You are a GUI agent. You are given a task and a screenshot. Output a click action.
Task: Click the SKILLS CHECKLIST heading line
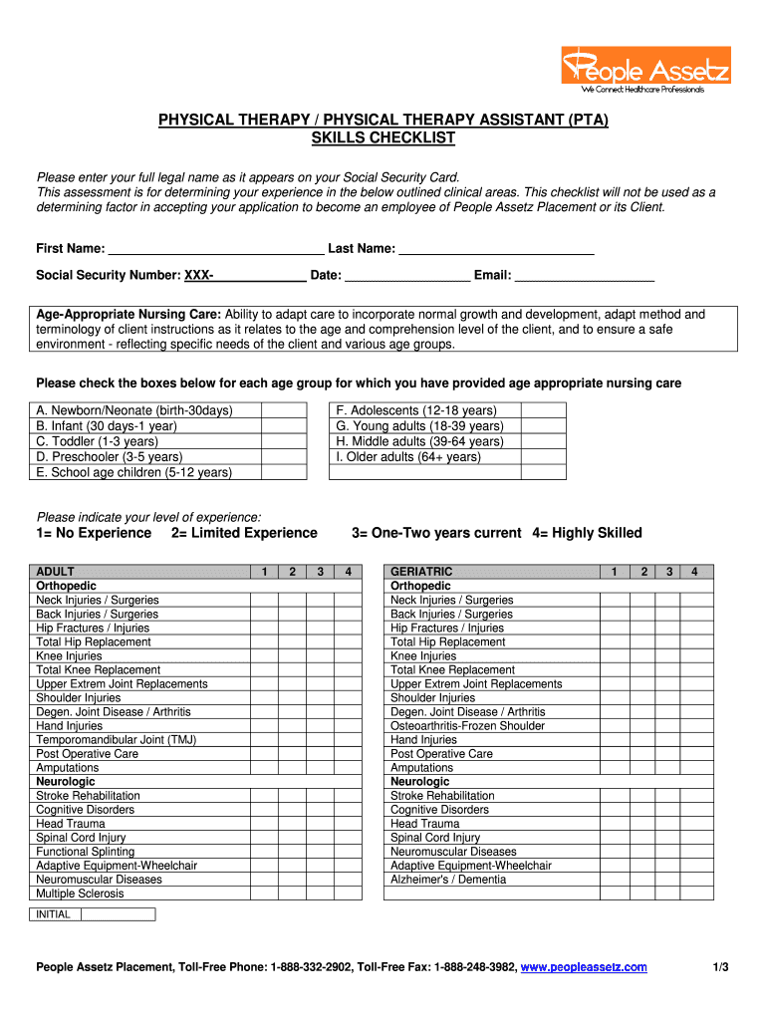click(x=383, y=137)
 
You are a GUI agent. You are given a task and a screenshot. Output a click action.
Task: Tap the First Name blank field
click(x=216, y=248)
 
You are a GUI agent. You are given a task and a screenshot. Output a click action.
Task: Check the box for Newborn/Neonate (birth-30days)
click(x=284, y=410)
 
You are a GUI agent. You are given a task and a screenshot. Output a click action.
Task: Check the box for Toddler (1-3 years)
click(x=284, y=441)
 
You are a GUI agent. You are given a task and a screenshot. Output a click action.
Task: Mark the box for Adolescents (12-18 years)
click(x=543, y=410)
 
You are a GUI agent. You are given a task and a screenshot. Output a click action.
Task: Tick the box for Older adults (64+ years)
click(x=543, y=457)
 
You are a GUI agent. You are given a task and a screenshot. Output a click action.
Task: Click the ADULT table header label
click(x=56, y=572)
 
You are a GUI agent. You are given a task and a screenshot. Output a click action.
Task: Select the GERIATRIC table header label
click(x=421, y=572)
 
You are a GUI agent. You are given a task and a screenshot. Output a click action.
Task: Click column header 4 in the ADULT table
click(x=348, y=572)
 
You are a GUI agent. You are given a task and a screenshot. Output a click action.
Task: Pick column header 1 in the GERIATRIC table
click(x=615, y=572)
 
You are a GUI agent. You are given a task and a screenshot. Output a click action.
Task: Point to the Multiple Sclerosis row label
click(x=81, y=893)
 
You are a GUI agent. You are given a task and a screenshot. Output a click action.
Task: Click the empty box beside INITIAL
click(x=118, y=914)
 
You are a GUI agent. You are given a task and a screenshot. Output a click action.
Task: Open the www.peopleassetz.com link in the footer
click(x=584, y=967)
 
